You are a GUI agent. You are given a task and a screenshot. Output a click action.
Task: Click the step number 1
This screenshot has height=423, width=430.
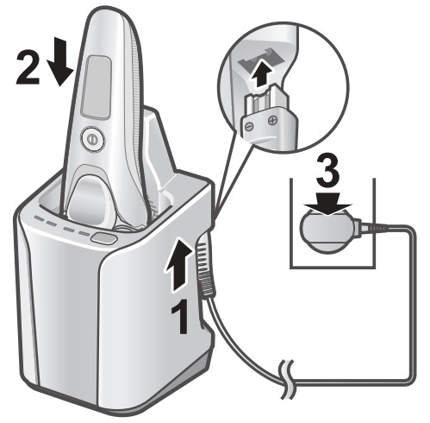pos(181,317)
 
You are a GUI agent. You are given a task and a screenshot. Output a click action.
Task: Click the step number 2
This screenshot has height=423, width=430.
pos(28,68)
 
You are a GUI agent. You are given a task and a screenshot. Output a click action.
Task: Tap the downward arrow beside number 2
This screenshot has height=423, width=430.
pos(60,62)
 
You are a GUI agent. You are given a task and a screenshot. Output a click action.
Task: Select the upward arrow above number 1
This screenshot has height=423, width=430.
pos(178,264)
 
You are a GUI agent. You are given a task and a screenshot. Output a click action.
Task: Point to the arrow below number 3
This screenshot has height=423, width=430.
pos(328,204)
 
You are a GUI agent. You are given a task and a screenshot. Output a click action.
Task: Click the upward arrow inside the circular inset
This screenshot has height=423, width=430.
pos(260,74)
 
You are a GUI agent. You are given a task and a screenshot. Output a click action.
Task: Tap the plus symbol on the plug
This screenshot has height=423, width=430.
pos(271,120)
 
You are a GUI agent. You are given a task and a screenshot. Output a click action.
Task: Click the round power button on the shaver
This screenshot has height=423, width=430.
pos(92,139)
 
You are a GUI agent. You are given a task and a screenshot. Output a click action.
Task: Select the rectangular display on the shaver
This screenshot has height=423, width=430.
pos(97,87)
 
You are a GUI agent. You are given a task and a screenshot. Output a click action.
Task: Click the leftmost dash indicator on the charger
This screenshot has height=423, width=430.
pos(40,219)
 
